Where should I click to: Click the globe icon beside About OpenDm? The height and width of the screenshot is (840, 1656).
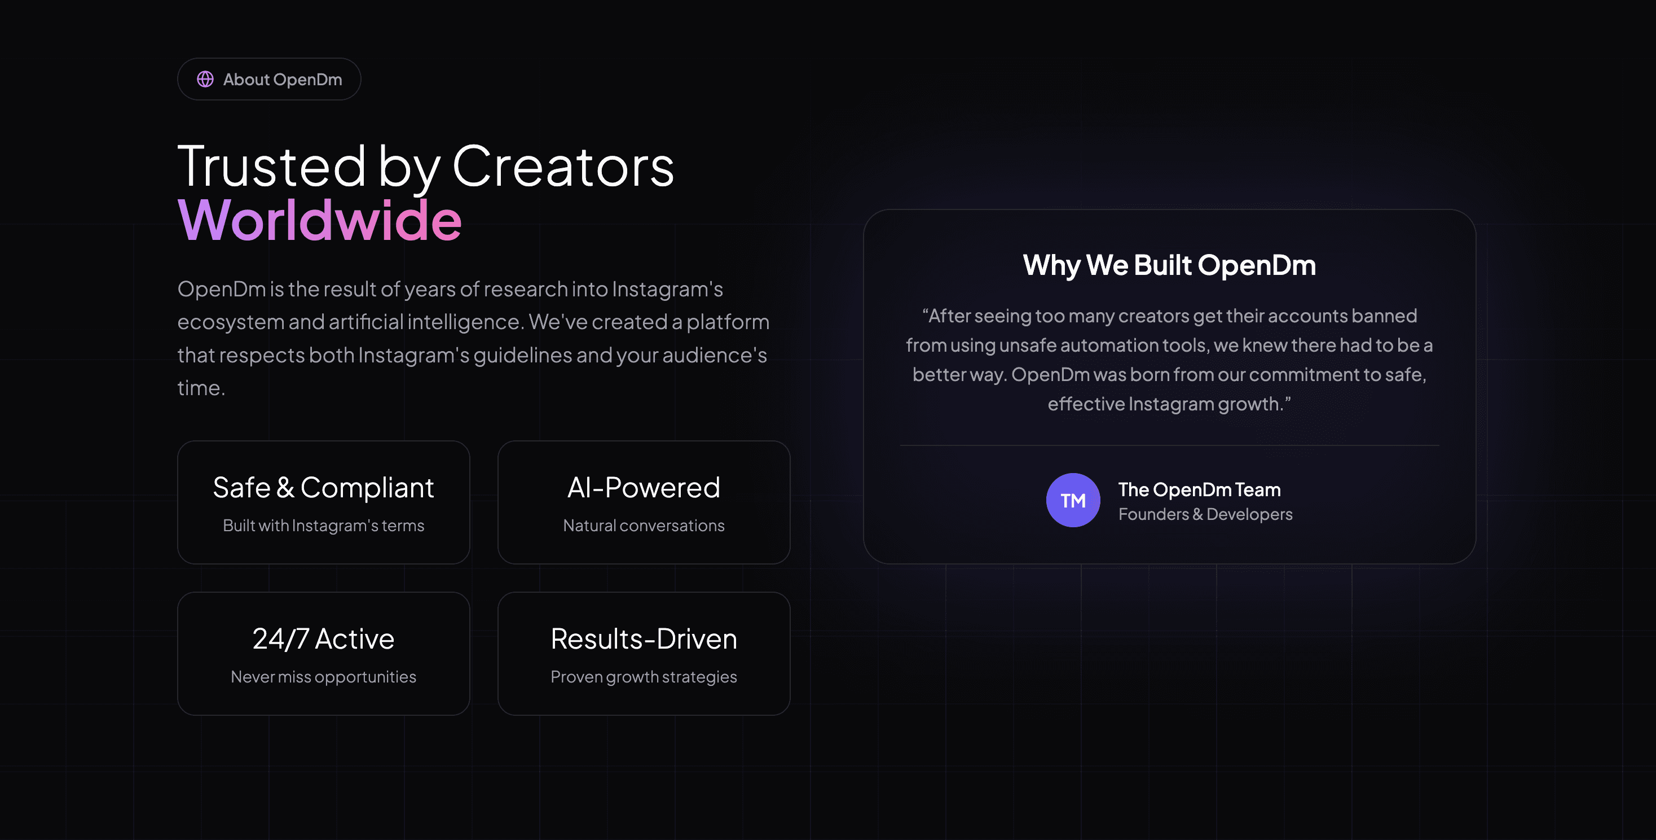[x=205, y=79]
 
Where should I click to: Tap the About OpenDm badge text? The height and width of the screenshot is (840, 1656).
[x=282, y=79]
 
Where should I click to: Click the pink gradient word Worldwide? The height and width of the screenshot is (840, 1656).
[x=319, y=220]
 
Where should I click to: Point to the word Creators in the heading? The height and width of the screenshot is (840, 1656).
[x=563, y=167]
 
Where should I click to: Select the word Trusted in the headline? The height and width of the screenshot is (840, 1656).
[x=271, y=167]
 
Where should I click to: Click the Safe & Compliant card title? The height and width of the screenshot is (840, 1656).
[x=323, y=488]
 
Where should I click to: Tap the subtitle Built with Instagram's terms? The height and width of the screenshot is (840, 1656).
[x=323, y=526]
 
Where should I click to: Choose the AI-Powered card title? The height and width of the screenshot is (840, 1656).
[x=644, y=488]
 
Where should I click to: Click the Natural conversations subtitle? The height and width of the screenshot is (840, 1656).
[x=644, y=526]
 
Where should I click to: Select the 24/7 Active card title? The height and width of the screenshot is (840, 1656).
[x=323, y=638]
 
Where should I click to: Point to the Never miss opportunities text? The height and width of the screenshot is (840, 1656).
[x=323, y=677]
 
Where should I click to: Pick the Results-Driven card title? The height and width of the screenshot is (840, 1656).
[x=644, y=638]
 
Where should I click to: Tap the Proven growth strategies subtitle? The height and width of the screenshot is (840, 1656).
[x=644, y=677]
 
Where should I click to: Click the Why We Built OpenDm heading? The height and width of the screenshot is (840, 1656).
[x=1169, y=265]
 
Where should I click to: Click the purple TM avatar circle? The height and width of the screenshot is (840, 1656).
[x=1073, y=500]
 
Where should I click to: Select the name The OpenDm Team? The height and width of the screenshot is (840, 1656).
[x=1200, y=489]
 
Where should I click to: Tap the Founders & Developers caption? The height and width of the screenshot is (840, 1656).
[x=1205, y=514]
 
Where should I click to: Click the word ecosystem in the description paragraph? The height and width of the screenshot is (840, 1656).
[x=231, y=322]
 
